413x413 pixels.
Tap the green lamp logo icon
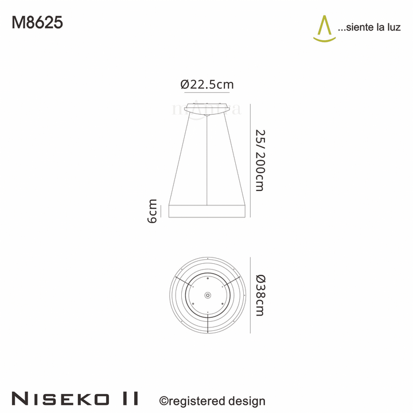click(324, 29)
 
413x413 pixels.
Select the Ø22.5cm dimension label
click(207, 84)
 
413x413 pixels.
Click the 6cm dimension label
click(153, 211)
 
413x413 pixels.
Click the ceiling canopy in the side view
click(207, 108)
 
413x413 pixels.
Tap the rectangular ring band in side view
click(208, 211)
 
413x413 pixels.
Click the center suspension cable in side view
click(207, 161)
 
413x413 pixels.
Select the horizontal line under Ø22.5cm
click(207, 91)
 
